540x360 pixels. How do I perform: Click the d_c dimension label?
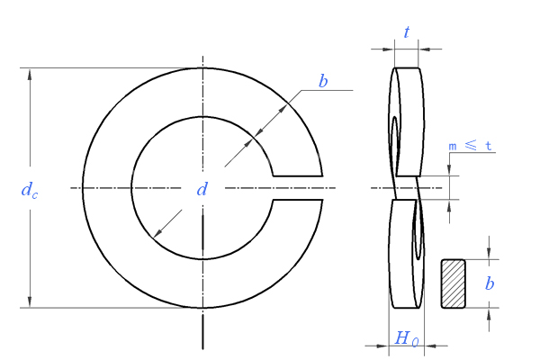(x=30, y=190)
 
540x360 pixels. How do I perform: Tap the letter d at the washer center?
(x=202, y=189)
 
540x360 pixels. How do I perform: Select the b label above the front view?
(x=323, y=81)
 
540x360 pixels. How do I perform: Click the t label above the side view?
(x=407, y=32)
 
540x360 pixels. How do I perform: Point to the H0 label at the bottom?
(x=407, y=338)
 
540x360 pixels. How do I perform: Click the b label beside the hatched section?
(x=490, y=283)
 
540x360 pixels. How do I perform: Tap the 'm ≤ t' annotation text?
(x=470, y=146)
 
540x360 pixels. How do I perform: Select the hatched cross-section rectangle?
(x=454, y=283)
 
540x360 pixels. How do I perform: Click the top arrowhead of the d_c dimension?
(x=30, y=75)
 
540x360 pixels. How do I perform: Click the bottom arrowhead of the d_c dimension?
(x=30, y=301)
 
